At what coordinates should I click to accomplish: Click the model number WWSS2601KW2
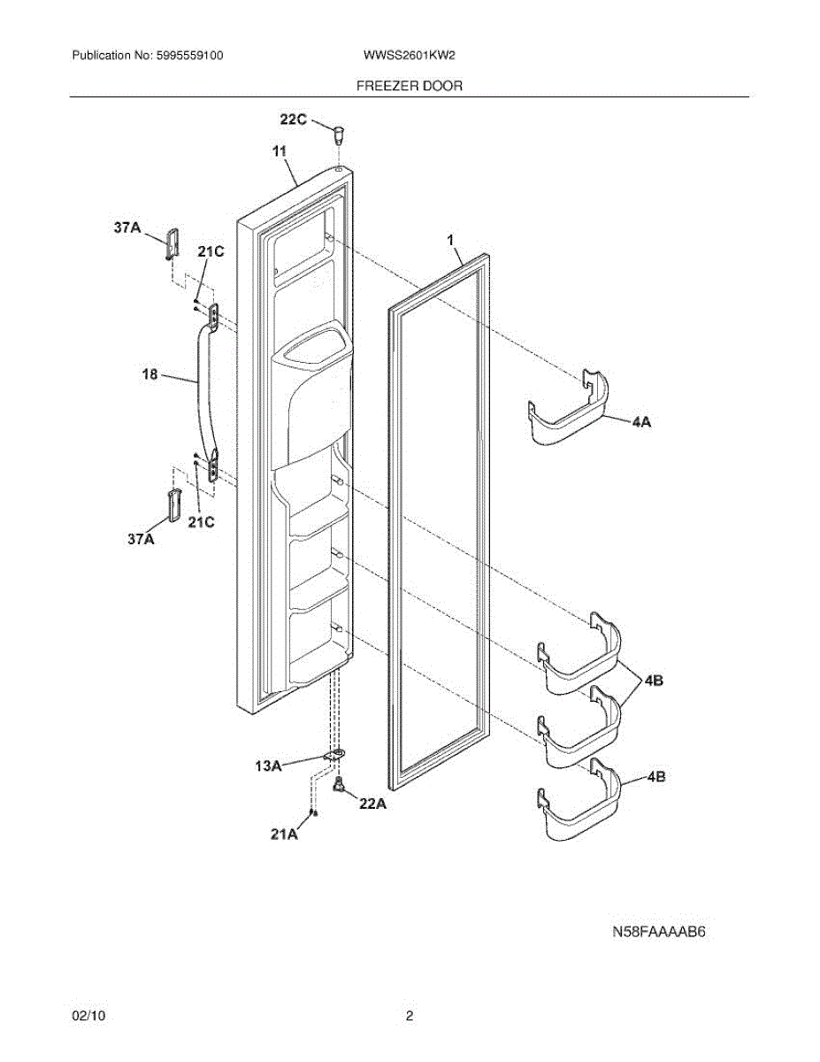pyautogui.click(x=409, y=55)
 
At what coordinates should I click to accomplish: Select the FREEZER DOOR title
pyautogui.click(x=410, y=86)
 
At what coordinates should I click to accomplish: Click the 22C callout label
pyautogui.click(x=294, y=120)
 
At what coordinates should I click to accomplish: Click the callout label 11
pyautogui.click(x=280, y=152)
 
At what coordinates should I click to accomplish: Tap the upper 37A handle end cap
pyautogui.click(x=171, y=242)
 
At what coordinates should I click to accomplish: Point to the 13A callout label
pyautogui.click(x=268, y=766)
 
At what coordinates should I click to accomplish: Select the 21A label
pyautogui.click(x=283, y=834)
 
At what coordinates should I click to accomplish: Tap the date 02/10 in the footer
pyautogui.click(x=88, y=1017)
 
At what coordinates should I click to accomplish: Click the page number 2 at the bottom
pyautogui.click(x=410, y=1017)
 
